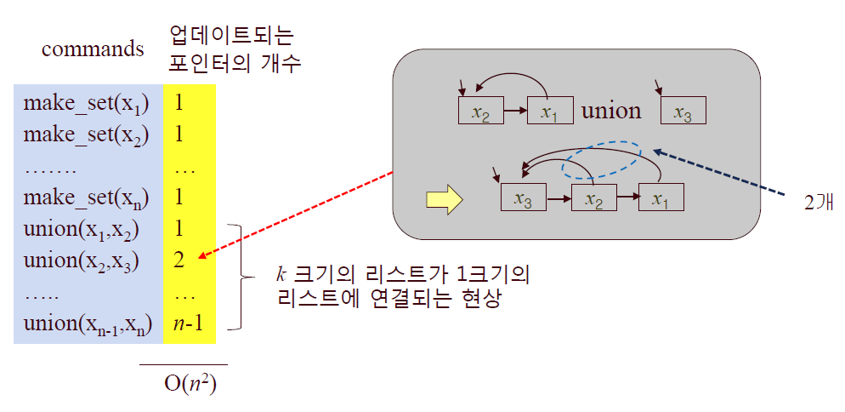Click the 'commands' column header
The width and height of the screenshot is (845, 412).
pyautogui.click(x=93, y=49)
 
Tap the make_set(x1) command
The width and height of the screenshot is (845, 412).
pyautogui.click(x=86, y=104)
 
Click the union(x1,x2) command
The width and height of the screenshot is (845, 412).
pyautogui.click(x=82, y=230)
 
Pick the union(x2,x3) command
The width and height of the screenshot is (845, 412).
pyautogui.click(x=82, y=260)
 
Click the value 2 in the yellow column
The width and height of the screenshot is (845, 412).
pyautogui.click(x=179, y=260)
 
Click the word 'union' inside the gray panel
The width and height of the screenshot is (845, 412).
pyautogui.click(x=610, y=111)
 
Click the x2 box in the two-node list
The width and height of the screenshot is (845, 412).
pyautogui.click(x=480, y=112)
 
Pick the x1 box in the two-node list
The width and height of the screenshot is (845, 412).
pyautogui.click(x=550, y=112)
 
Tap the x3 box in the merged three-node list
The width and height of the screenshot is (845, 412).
pyautogui.click(x=524, y=198)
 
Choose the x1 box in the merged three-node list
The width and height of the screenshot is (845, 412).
pyautogui.click(x=661, y=198)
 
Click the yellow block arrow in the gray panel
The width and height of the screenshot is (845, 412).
pyautogui.click(x=443, y=201)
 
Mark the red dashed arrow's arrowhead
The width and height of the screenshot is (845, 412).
pyautogui.click(x=199, y=256)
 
